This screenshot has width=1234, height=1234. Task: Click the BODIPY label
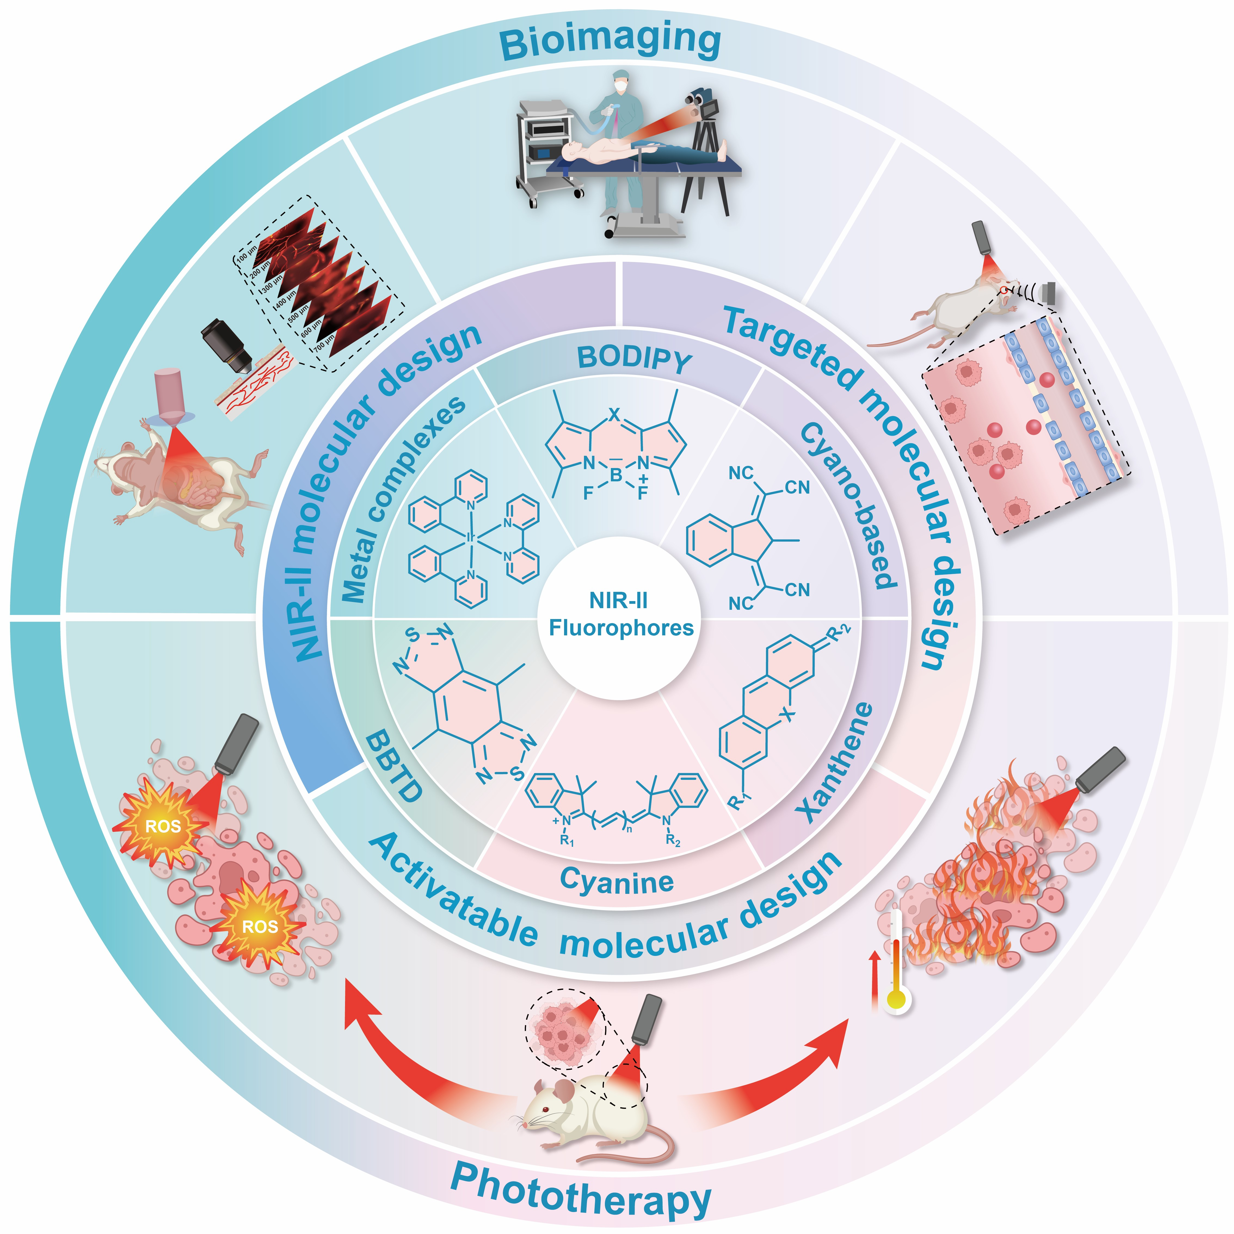(634, 360)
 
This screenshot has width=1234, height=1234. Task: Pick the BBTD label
(394, 767)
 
